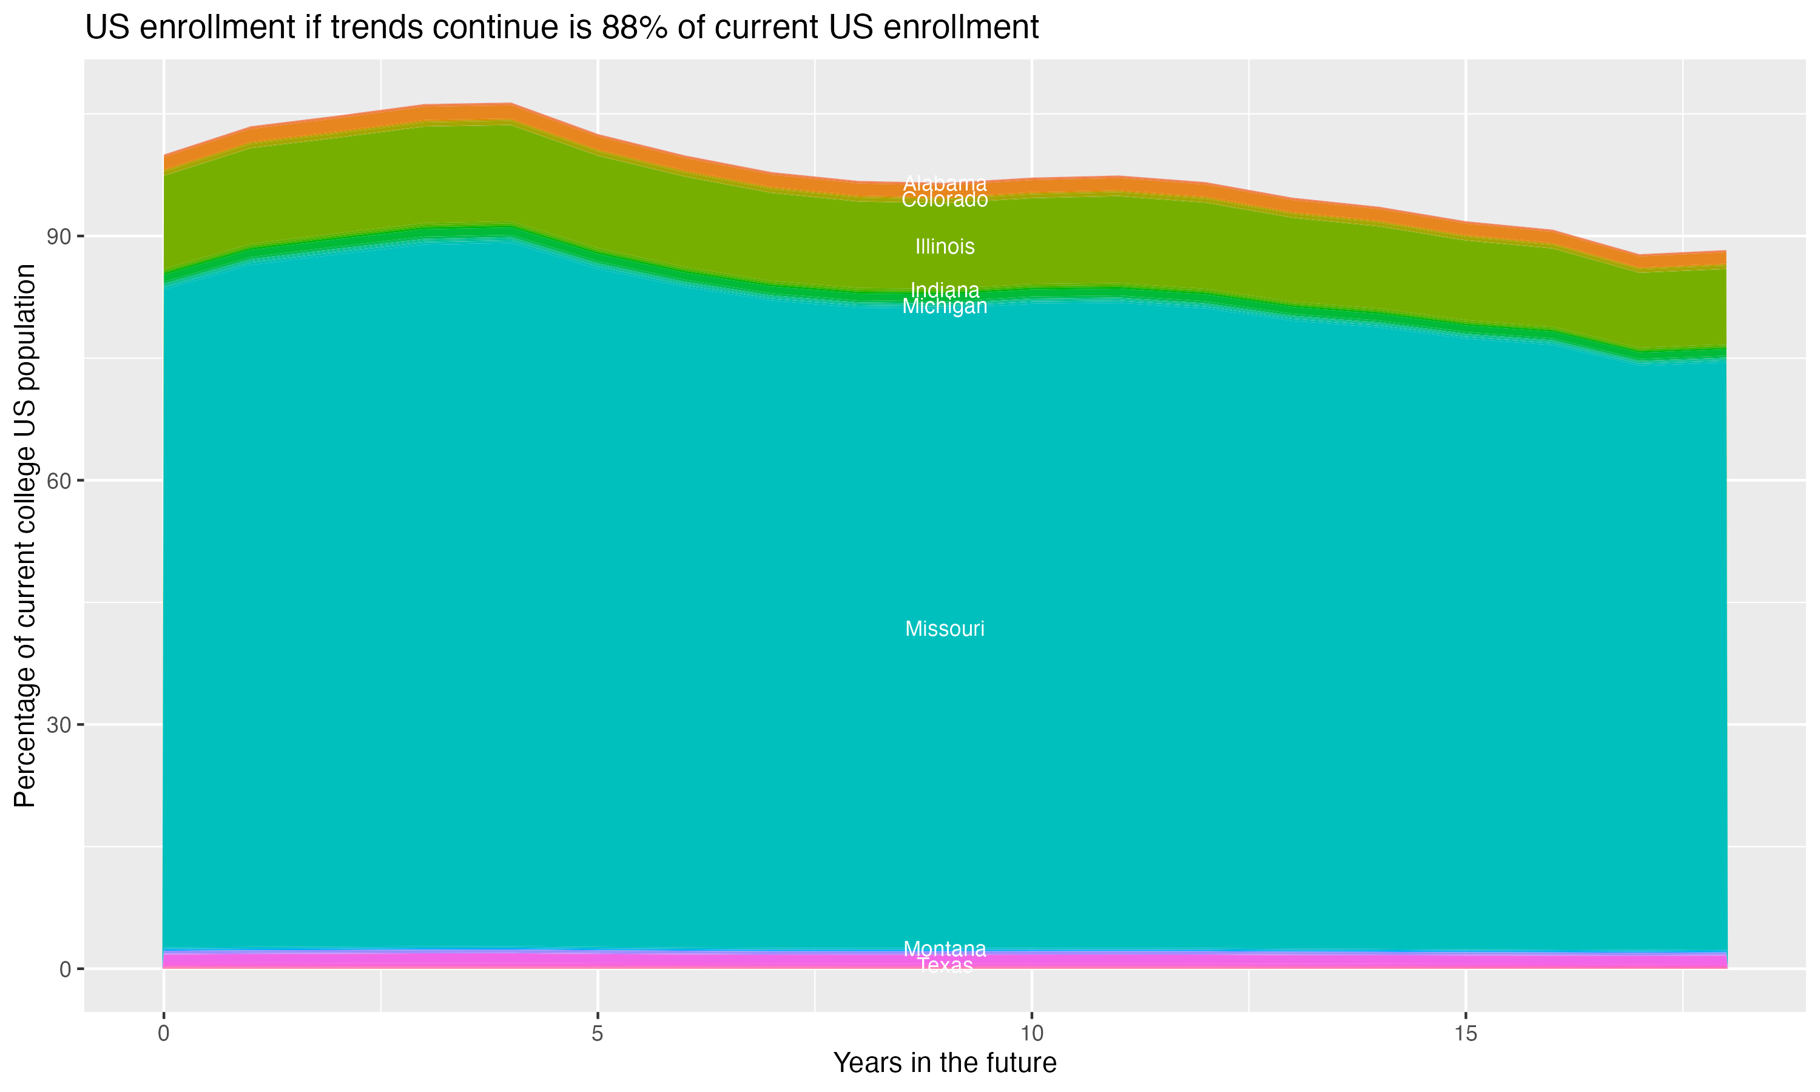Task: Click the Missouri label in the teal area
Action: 945,629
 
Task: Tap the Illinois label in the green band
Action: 945,246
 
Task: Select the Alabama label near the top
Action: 945,183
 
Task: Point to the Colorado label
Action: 945,200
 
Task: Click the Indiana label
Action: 945,290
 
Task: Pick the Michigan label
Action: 945,307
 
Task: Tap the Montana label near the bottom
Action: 945,948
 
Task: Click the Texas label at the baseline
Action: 945,965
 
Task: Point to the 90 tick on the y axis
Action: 58,236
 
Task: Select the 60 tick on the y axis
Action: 58,480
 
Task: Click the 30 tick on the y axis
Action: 58,725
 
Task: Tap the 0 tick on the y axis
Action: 65,969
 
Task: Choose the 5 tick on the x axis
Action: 598,1033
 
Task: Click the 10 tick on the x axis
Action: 1031,1033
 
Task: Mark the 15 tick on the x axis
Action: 1466,1033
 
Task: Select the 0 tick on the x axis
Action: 163,1033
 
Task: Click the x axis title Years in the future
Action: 945,1062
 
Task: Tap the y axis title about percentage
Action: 25,535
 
